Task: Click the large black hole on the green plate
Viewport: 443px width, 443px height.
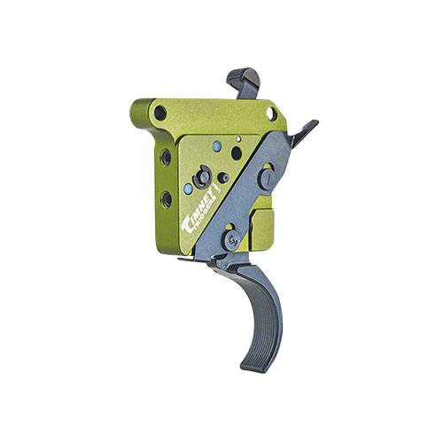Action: pos(237,152)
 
